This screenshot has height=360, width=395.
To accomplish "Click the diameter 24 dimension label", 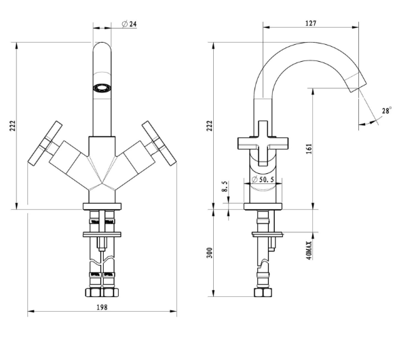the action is [x=129, y=24].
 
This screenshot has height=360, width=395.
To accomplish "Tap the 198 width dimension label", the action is [x=102, y=307].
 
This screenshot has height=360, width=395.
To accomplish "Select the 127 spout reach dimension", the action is [x=311, y=23].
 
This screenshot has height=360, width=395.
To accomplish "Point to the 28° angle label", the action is [x=387, y=111].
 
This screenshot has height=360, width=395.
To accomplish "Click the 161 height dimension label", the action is [x=309, y=149].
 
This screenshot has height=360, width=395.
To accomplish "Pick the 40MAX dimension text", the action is [x=309, y=251].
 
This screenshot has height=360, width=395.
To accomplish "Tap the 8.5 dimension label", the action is [x=225, y=186].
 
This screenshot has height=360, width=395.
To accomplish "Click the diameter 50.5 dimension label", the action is [x=263, y=179].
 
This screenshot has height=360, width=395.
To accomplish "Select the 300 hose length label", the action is [x=210, y=253].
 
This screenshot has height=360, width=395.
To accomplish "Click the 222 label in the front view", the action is [x=13, y=126].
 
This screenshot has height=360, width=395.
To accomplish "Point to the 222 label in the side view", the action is [x=210, y=126].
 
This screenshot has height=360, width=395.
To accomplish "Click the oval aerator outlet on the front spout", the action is [x=102, y=88].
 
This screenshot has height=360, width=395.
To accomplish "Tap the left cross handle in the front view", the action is [x=45, y=143].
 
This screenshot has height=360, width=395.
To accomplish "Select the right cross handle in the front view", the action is [x=159, y=143].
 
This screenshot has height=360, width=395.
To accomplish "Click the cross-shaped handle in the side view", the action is [x=263, y=143].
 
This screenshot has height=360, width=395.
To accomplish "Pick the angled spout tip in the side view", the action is [x=356, y=82].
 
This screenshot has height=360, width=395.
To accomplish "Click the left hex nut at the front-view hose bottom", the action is [x=94, y=293].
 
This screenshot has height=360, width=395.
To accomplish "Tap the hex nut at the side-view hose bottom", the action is [x=263, y=293].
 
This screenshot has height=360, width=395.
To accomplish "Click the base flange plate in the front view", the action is [x=102, y=206].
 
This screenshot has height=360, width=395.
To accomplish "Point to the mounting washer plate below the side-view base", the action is [x=267, y=234].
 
